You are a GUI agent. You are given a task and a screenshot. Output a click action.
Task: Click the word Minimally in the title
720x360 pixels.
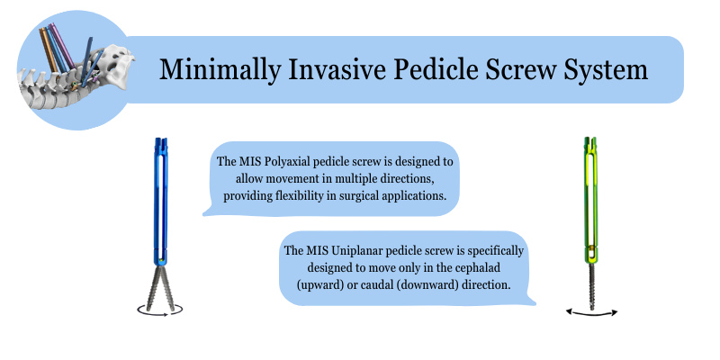220,70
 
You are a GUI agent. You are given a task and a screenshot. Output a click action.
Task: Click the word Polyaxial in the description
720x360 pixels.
287,163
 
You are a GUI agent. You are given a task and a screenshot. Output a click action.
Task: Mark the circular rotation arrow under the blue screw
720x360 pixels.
160,310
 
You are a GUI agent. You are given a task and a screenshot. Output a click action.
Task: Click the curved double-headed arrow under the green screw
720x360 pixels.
592,313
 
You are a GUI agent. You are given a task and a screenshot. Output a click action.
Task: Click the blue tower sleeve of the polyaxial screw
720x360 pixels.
161,202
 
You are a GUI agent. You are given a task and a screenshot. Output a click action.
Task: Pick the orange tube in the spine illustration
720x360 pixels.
49,49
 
